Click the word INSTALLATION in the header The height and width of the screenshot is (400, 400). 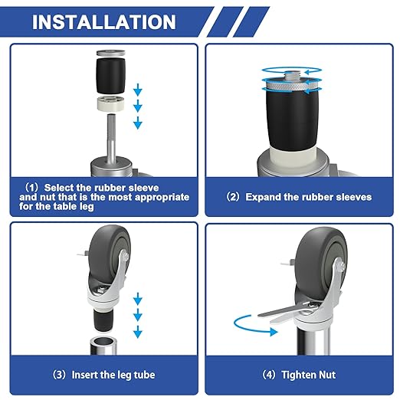[x=103, y=21]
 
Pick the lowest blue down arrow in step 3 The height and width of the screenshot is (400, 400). [x=139, y=332]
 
